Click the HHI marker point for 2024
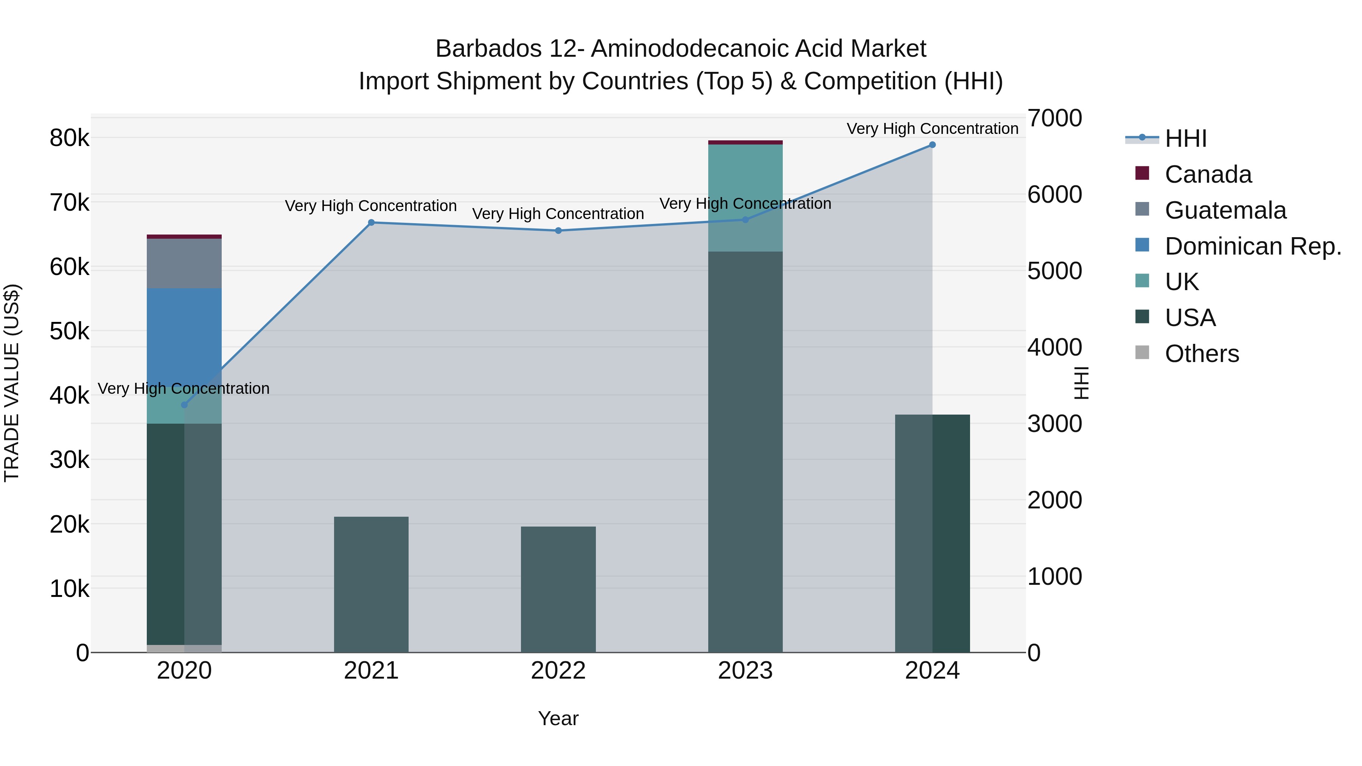[932, 145]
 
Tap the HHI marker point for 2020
[184, 405]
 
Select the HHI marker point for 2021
[371, 222]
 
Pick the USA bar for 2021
[371, 584]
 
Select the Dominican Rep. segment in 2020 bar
[184, 338]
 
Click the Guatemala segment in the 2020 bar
[184, 263]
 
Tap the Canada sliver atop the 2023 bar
[745, 142]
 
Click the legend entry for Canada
[1208, 174]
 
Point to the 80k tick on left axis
[69, 138]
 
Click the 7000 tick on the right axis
[1054, 118]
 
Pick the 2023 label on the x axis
[745, 671]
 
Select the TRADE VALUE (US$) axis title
[12, 383]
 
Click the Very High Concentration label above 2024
[932, 129]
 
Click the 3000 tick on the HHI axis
[1054, 424]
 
